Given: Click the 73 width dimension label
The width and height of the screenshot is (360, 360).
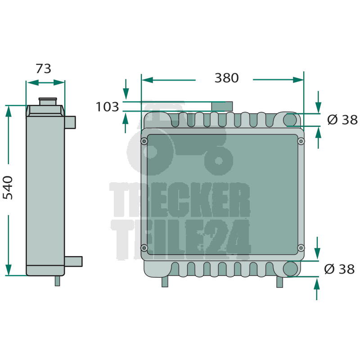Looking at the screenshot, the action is tap(43, 69).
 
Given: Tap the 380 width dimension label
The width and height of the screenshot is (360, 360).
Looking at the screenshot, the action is tap(227, 78).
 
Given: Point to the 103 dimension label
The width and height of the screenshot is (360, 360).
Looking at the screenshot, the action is tap(107, 107).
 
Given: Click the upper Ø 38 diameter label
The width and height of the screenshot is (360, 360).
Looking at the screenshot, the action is tap(342, 120).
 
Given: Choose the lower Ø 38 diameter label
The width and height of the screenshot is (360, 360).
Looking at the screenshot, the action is tap(339, 269).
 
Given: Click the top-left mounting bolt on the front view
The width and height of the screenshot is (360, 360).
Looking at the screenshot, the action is tap(144, 141).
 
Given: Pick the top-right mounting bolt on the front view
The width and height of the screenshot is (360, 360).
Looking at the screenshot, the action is tap(301, 141).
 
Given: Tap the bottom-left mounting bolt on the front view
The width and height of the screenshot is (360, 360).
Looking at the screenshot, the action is tap(144, 248).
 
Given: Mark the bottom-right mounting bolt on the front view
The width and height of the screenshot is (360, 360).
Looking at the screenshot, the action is tap(301, 248).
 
